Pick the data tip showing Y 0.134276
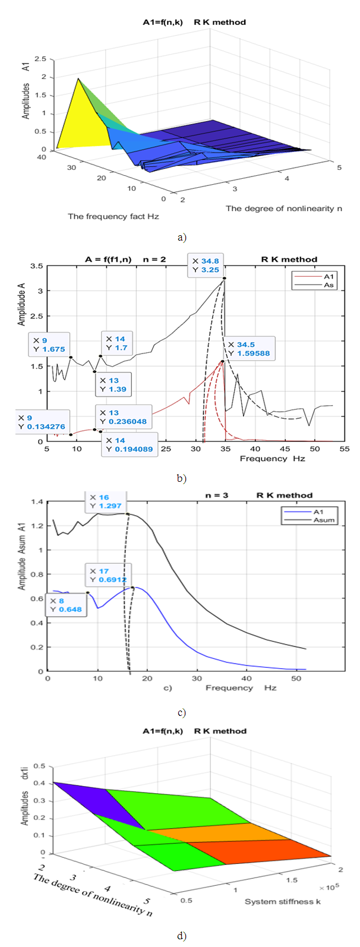pos(41,422)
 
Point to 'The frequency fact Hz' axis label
pos(113,216)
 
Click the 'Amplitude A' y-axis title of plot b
pos(22,303)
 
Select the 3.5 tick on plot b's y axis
pos(37,266)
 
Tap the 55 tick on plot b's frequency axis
pos(344,449)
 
